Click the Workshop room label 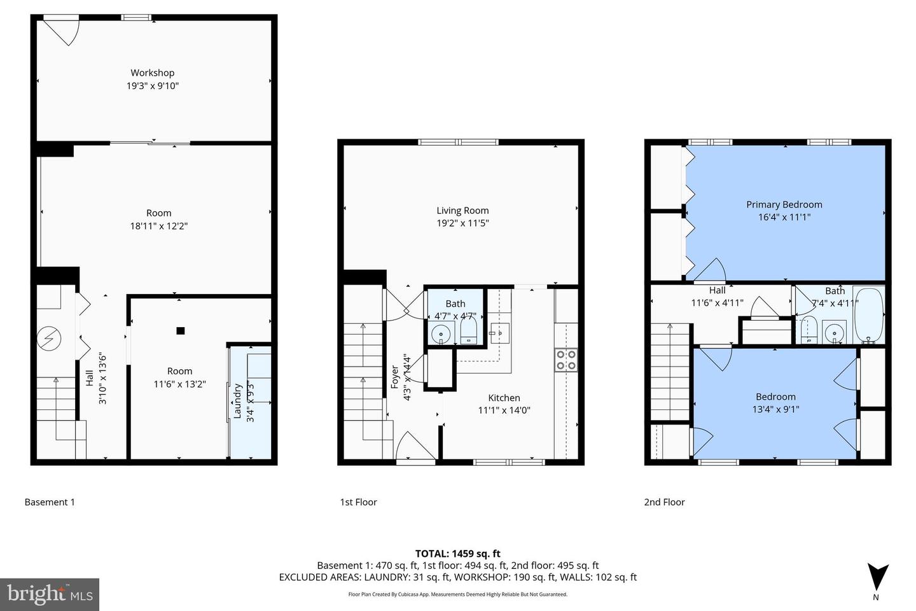pos(152,73)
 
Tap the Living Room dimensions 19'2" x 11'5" pos(462,223)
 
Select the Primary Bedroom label pos(784,204)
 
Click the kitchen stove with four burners pos(566,360)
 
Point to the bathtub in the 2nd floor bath pos(868,315)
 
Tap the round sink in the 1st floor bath pos(440,333)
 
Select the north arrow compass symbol pos(878,577)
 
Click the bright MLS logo pos(49,594)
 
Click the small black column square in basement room pos(181,330)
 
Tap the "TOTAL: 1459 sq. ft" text pos(457,554)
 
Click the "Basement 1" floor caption pos(50,502)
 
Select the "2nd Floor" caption pos(664,502)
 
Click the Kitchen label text pos(504,398)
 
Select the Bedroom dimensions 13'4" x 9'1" pos(775,409)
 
